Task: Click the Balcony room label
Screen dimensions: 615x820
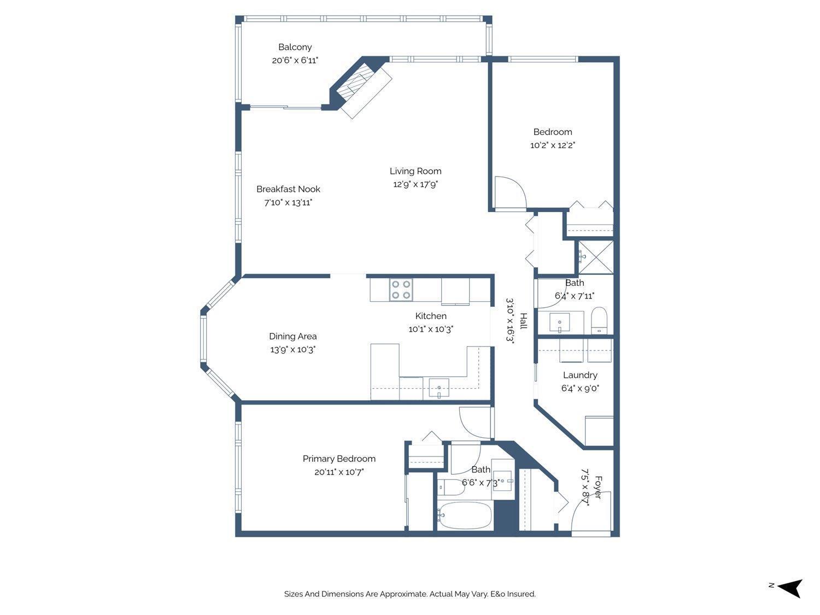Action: [295, 47]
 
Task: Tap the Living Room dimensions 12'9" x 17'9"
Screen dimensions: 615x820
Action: [415, 184]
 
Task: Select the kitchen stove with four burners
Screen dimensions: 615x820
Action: [401, 290]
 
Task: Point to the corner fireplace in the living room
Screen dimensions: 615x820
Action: [361, 87]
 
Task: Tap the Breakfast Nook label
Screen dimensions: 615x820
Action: [288, 189]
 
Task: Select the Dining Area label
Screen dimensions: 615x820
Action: [292, 336]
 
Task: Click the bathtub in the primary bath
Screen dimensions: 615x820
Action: [465, 516]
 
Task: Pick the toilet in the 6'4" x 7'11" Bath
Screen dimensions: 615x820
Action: [600, 320]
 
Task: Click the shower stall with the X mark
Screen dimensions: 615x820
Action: [595, 257]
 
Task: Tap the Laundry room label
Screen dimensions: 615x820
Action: [580, 375]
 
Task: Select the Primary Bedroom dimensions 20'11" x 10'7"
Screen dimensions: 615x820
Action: [339, 472]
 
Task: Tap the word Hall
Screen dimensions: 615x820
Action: [523, 321]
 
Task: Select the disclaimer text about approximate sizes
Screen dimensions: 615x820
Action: [409, 594]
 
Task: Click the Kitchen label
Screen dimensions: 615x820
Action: [431, 316]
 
